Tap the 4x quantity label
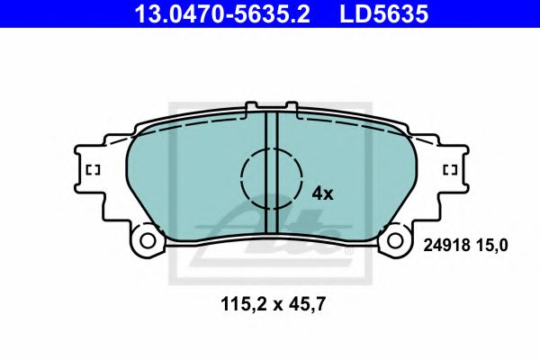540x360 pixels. point(321,193)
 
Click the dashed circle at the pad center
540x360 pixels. point(271,177)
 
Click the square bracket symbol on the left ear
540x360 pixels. point(92,169)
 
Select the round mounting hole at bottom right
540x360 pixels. point(394,242)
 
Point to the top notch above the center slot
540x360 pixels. point(271,108)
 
